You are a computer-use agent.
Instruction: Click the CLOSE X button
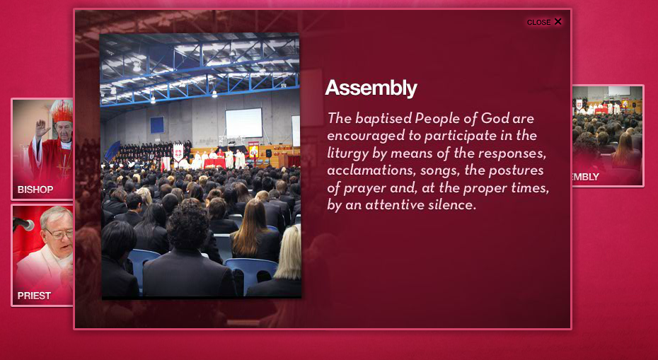click(544, 22)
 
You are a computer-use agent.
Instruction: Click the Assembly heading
click(371, 88)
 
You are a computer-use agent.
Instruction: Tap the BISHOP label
click(35, 190)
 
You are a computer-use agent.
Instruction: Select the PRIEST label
click(34, 296)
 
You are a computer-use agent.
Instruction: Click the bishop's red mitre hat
click(62, 111)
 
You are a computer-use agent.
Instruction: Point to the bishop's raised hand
click(42, 129)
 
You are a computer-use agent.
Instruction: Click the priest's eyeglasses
click(60, 233)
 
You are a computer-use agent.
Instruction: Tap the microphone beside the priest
click(23, 224)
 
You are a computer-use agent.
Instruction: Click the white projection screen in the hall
click(244, 122)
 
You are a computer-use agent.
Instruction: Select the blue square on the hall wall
click(157, 125)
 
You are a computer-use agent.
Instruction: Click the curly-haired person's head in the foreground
click(187, 226)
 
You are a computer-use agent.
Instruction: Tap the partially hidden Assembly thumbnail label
click(586, 177)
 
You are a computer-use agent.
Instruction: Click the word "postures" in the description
click(519, 170)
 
